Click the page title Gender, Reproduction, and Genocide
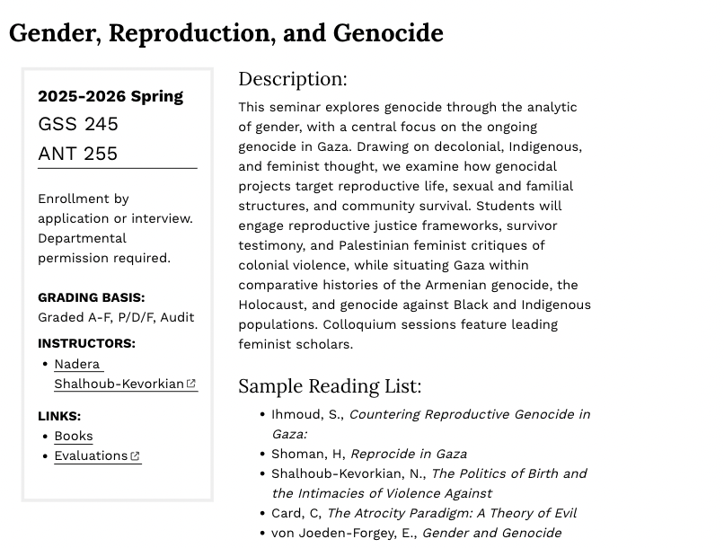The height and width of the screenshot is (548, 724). (226, 33)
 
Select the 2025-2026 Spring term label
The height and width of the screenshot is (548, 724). (110, 96)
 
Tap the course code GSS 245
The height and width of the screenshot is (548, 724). (78, 124)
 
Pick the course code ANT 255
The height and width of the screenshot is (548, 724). (78, 154)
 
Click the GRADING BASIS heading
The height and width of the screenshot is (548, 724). (91, 297)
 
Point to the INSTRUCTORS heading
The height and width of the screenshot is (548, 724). (86, 343)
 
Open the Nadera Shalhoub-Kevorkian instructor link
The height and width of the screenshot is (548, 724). (119, 384)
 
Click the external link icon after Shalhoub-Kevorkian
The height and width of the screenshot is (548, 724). (191, 384)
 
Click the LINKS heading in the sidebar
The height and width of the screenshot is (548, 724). (59, 416)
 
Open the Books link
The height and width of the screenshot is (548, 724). (74, 436)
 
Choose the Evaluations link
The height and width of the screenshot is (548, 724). (91, 455)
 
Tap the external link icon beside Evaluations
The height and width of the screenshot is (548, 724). (136, 456)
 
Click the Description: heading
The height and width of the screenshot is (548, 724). (292, 79)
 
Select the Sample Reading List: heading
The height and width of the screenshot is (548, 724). (330, 386)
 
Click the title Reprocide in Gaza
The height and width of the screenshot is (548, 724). (409, 454)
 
